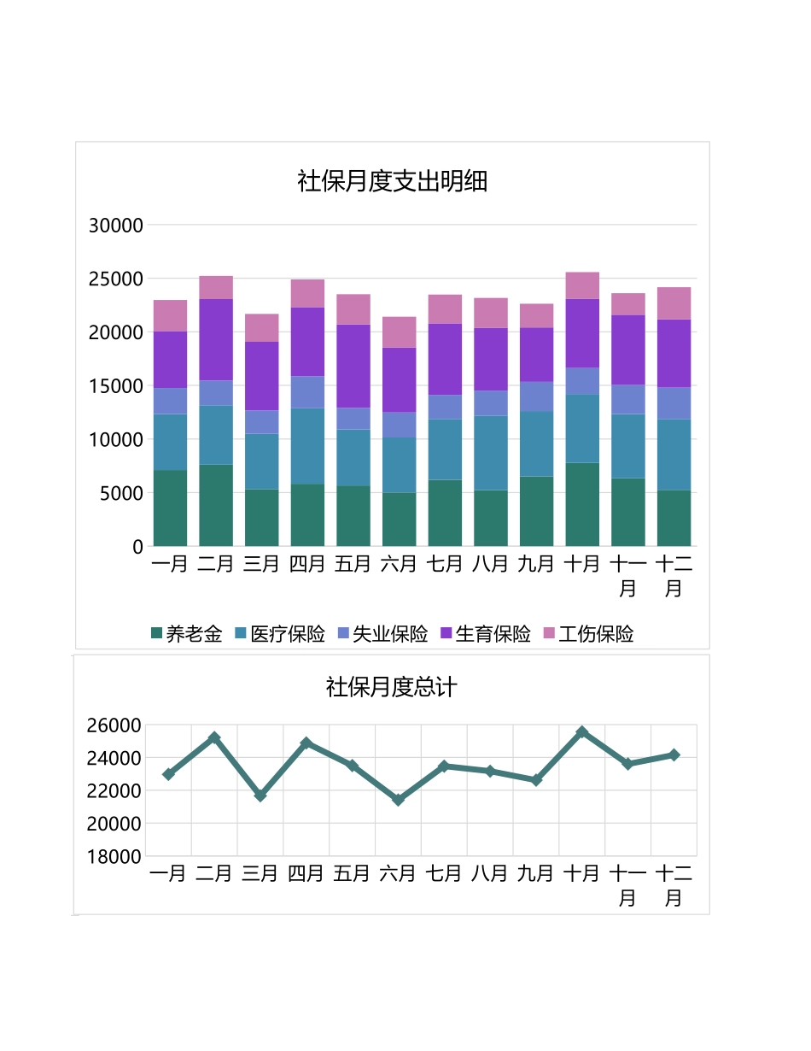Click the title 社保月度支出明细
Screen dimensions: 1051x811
(x=392, y=181)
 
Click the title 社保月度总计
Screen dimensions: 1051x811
(x=392, y=687)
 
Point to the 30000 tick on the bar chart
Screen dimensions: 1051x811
(x=116, y=226)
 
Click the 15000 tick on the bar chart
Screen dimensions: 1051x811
(x=116, y=386)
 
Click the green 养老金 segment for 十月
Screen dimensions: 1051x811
(x=582, y=504)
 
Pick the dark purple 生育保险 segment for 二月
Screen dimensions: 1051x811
(x=216, y=339)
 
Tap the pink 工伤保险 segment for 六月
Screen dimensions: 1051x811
(x=399, y=332)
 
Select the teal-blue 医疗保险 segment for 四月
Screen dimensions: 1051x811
(x=307, y=446)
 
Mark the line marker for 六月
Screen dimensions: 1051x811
(x=398, y=800)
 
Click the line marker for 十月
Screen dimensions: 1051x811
(x=582, y=732)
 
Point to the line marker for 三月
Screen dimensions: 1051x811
(x=260, y=795)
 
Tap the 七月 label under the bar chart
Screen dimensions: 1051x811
(x=444, y=564)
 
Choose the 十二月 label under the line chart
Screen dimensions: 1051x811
(x=674, y=885)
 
